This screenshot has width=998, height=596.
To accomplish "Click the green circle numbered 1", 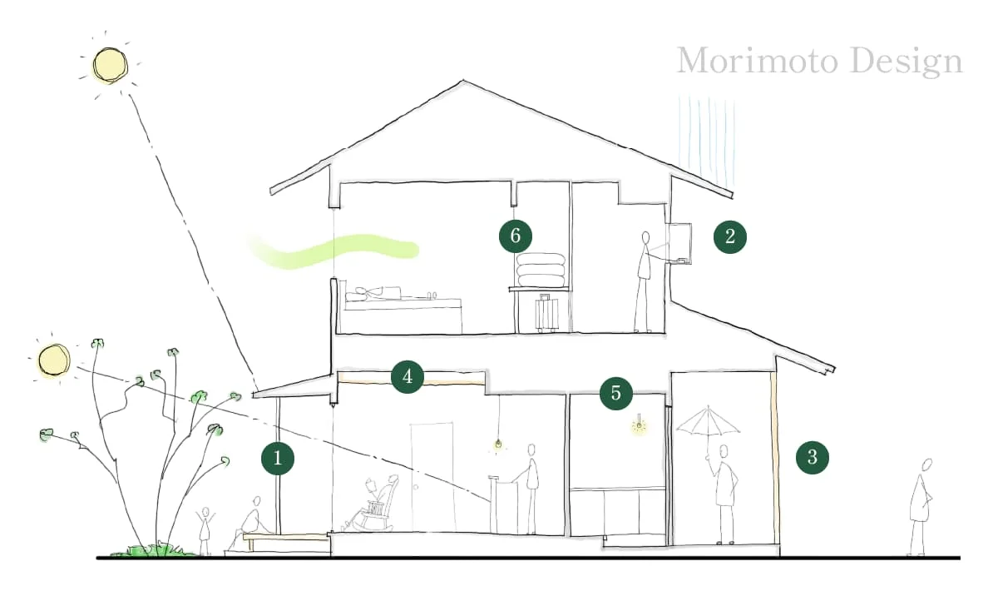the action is click(x=278, y=458).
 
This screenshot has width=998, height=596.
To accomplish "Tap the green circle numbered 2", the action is click(x=730, y=236).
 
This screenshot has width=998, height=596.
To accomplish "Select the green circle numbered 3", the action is click(x=813, y=457).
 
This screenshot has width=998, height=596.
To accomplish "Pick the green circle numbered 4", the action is click(x=408, y=377).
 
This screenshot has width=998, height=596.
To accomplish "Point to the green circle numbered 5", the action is click(x=616, y=393).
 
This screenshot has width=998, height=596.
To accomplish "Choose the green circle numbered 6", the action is click(x=516, y=236).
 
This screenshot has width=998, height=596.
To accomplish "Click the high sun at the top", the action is click(x=110, y=65).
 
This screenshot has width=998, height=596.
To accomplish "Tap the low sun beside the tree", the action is click(x=54, y=360).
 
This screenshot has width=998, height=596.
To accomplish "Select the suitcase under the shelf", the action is click(x=547, y=313).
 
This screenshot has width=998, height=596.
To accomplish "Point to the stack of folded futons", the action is click(x=541, y=270).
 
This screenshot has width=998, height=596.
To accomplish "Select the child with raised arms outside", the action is click(x=205, y=531).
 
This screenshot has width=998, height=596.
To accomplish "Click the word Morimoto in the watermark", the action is click(x=758, y=61).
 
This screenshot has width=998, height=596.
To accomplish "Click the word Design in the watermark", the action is click(x=907, y=62).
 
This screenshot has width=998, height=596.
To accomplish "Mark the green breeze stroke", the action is click(x=334, y=251).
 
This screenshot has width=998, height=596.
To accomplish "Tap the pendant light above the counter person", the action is click(x=498, y=443).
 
